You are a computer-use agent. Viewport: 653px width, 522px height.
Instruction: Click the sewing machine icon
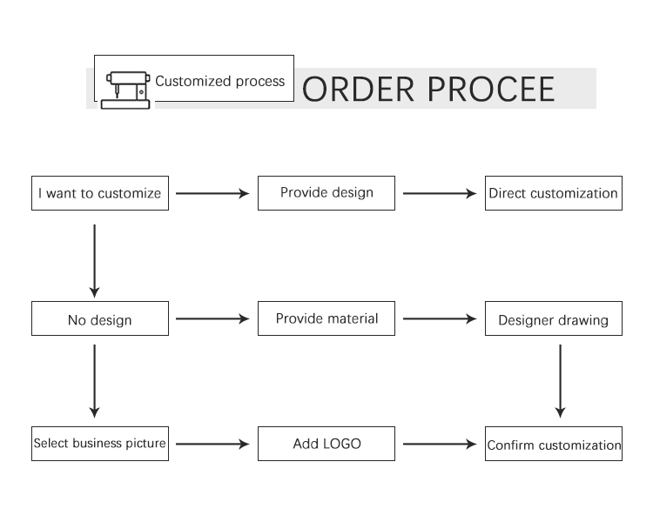coord(125,90)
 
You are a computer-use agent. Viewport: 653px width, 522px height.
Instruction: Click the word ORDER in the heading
coord(358,89)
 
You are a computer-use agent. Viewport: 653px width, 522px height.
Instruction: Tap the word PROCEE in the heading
coord(491,89)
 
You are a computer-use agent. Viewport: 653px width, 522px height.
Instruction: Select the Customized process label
coord(220,81)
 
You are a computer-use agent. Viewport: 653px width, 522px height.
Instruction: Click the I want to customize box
coord(100,193)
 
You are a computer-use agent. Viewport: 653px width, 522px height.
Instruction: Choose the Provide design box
coord(326,193)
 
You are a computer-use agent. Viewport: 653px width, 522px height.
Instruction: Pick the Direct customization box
coord(554,193)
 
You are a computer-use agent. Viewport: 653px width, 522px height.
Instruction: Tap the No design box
coord(100,318)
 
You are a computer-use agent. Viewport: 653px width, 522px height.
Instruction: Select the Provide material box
coord(326,318)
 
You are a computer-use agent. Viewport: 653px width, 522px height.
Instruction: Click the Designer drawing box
coord(554,318)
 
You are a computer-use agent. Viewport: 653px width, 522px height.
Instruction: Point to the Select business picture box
coord(100,444)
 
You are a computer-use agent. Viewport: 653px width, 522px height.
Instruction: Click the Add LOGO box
coord(326,444)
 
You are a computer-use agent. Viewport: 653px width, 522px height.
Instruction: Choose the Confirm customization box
coord(554,444)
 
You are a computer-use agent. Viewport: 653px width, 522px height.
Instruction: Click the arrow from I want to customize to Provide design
coord(212,193)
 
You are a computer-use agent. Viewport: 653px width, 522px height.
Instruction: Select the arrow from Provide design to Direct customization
coord(440,193)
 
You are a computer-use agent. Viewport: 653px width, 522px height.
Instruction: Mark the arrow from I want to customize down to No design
coord(95,261)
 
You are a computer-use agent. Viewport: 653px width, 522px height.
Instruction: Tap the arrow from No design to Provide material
coord(212,319)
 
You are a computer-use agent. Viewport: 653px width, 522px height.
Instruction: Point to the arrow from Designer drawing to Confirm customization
coord(560,381)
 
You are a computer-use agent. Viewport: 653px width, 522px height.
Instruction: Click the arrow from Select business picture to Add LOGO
coord(212,445)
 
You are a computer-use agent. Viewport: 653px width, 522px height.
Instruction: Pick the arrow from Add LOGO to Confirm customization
coord(440,445)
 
